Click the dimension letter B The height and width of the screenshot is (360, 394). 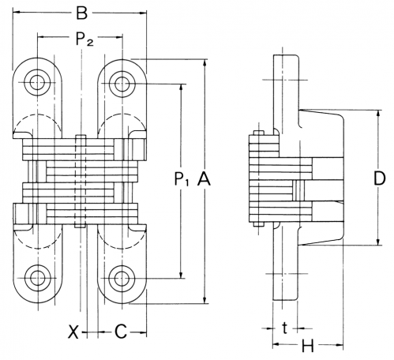pos(82,13)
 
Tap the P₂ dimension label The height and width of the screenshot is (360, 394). pos(84,39)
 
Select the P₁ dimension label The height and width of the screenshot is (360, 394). pos(182,179)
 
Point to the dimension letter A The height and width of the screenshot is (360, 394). pos(204,179)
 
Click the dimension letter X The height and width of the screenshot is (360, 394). pos(73,332)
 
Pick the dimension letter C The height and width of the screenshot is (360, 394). pos(121,332)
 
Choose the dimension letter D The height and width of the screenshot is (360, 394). pos(379,179)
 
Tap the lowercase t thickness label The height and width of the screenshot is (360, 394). pos(284,328)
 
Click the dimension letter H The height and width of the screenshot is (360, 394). pos(307,346)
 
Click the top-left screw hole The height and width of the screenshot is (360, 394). pos(37,83)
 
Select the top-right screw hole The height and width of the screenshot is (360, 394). pos(122,84)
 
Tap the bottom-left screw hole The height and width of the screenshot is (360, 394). pos(38,278)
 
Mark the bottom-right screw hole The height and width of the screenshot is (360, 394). pos(122,278)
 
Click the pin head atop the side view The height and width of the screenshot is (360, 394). pos(259,133)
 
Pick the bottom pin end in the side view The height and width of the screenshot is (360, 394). pos(259,224)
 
